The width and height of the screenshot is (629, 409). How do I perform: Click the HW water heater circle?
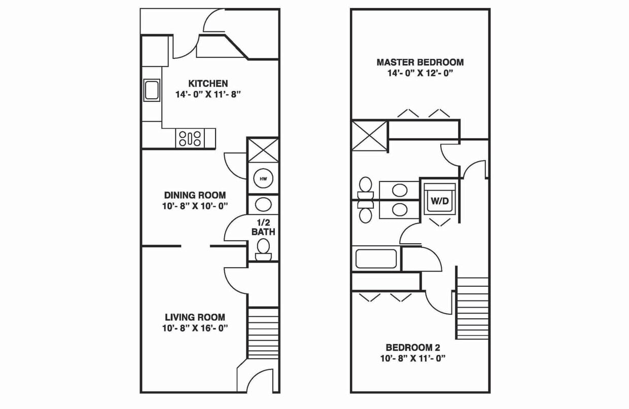click(263, 179)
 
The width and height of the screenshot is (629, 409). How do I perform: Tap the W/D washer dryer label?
click(440, 201)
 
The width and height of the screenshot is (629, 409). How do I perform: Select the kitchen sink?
click(152, 90)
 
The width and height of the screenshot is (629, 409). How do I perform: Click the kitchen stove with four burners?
click(190, 138)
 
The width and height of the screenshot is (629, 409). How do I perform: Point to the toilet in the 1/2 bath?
click(263, 250)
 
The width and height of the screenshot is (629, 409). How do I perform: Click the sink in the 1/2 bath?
click(263, 205)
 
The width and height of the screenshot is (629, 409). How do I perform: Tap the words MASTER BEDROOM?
click(420, 62)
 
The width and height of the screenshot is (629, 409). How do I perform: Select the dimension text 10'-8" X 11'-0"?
click(413, 358)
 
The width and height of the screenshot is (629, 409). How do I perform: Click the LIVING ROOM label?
click(195, 317)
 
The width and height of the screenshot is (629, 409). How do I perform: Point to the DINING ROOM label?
click(195, 195)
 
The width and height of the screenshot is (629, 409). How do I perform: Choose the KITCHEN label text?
click(208, 84)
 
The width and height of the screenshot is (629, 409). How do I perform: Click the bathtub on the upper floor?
click(376, 259)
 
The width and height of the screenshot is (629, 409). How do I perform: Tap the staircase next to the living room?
click(263, 333)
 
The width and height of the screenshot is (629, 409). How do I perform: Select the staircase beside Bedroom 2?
click(473, 308)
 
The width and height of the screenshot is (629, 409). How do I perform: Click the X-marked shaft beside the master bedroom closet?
click(369, 136)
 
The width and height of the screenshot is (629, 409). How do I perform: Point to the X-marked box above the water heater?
click(263, 150)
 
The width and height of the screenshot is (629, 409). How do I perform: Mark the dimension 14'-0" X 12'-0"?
click(421, 73)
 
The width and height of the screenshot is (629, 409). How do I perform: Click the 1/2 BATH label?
click(263, 227)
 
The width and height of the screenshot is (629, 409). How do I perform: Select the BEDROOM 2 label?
click(413, 348)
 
